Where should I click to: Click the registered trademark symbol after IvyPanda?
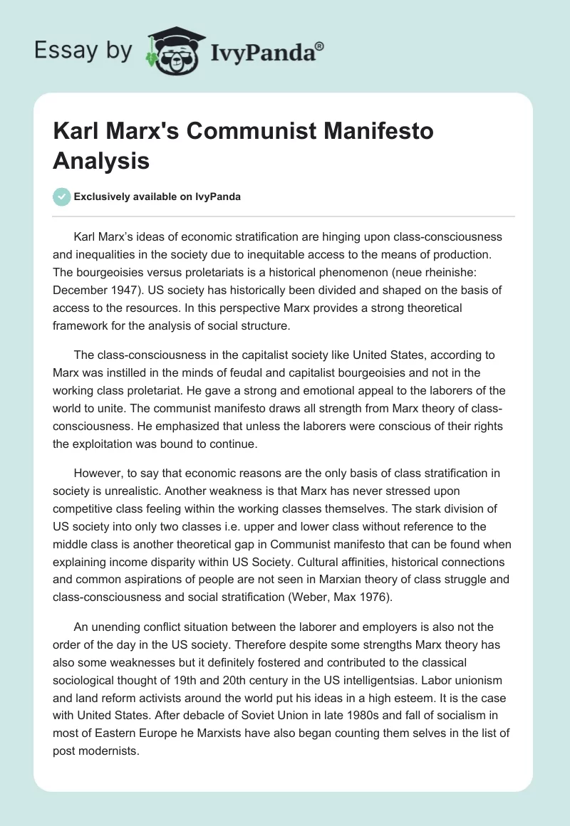[x=319, y=46]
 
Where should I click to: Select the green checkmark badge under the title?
[x=62, y=197]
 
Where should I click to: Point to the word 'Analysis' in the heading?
[x=101, y=160]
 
